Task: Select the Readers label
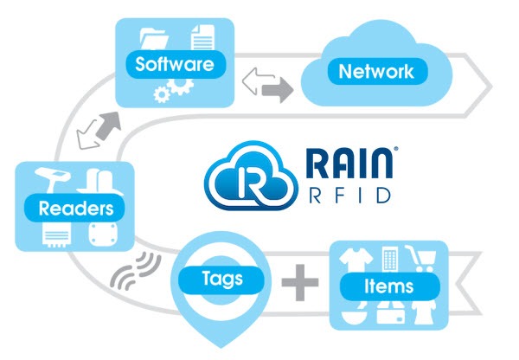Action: pos(75,208)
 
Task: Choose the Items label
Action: pos(388,286)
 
